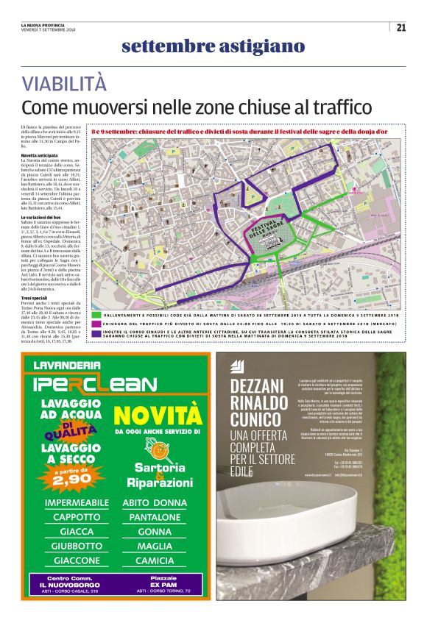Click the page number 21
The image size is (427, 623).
click(401, 28)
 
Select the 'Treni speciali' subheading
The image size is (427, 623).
click(36, 297)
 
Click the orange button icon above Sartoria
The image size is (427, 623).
click(154, 449)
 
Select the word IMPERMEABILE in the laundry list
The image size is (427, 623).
click(77, 503)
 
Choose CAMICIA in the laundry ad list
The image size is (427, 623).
click(155, 560)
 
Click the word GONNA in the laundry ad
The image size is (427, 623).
click(155, 532)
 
